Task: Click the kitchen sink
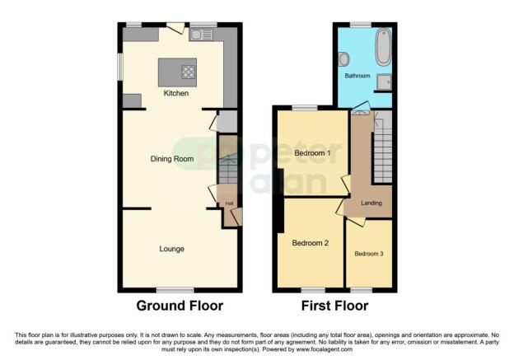[x=201, y=35]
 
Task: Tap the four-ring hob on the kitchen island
[x=189, y=71]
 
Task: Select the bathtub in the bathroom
[x=383, y=48]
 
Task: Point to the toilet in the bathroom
[x=343, y=58]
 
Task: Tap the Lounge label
[x=171, y=248]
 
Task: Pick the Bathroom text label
[x=357, y=76]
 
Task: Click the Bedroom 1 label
[x=311, y=153]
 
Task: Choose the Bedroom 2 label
[x=310, y=243]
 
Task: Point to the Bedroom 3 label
[x=369, y=254]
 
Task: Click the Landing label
[x=371, y=203]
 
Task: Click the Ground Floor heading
[x=180, y=306]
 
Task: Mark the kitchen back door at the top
[x=175, y=28]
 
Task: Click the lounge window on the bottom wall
[x=175, y=289]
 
